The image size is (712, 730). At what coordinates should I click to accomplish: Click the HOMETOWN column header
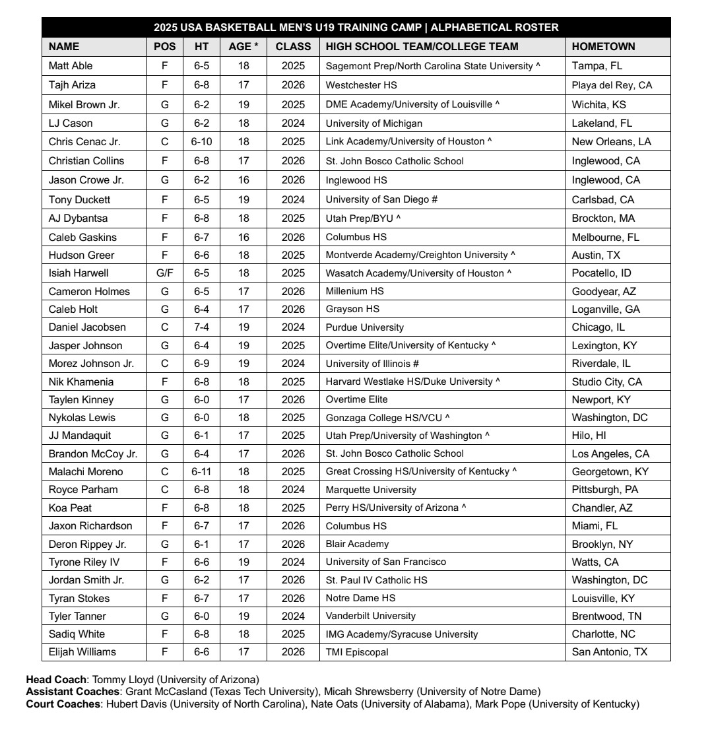click(603, 46)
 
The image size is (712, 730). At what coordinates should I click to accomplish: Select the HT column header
click(201, 46)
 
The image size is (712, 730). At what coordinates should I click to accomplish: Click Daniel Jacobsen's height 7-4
click(201, 327)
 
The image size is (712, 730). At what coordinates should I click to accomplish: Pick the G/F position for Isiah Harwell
click(165, 273)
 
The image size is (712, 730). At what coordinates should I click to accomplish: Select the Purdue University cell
click(364, 327)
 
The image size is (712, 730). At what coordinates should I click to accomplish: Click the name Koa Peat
click(70, 508)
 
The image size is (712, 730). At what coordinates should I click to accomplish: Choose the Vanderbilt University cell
click(370, 616)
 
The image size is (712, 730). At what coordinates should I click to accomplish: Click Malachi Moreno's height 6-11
click(201, 472)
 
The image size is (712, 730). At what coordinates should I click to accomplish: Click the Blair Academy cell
click(357, 545)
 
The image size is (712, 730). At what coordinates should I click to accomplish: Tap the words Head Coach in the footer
click(56, 680)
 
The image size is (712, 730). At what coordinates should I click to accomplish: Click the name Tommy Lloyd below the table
click(122, 680)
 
